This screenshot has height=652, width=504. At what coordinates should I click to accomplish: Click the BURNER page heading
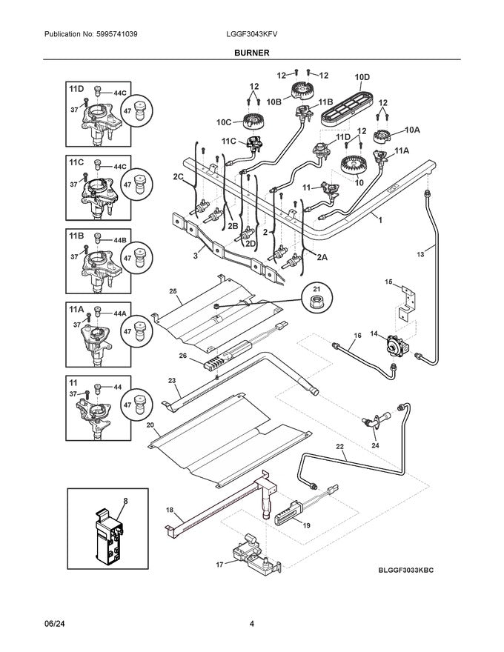pos(251,53)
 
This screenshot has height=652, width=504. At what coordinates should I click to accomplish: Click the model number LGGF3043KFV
pos(251,35)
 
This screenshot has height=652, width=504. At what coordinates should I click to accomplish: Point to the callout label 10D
pos(362,77)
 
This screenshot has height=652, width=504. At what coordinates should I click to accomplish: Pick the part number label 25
pos(173,290)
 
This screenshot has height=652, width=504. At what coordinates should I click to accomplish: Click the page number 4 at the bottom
pos(252,624)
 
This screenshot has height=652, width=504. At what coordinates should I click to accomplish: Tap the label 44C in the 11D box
pos(120,93)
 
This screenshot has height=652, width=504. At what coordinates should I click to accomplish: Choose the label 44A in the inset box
pos(120,314)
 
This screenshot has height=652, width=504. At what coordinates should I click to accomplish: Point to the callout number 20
pos(150,425)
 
